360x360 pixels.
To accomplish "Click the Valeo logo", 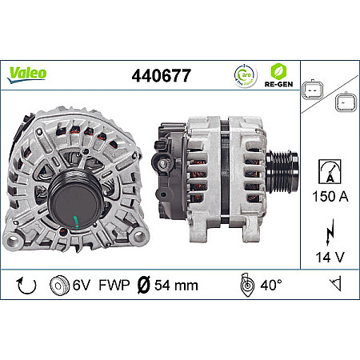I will pyautogui.click(x=28, y=74).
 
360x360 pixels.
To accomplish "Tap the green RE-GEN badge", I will pyautogui.click(x=279, y=74).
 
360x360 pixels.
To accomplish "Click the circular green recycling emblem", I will pyautogui.click(x=244, y=75).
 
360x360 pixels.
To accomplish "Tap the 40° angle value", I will pyautogui.click(x=269, y=284).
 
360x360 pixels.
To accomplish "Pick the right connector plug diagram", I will pyautogui.click(x=345, y=102).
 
